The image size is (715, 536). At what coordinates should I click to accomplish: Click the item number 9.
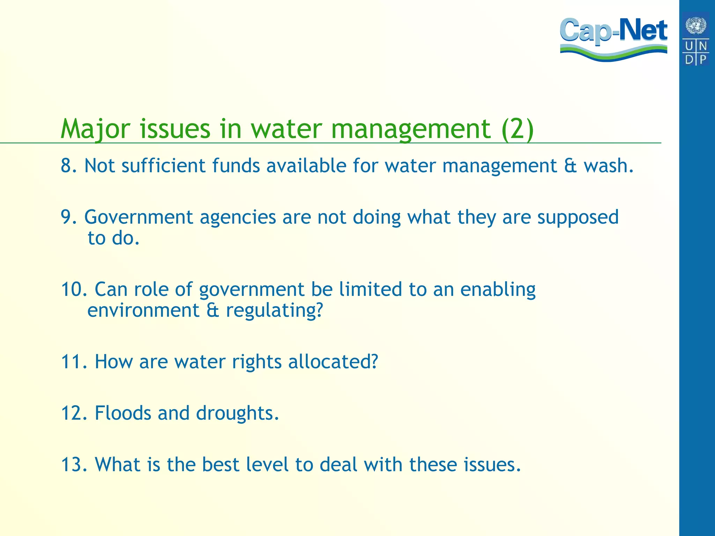(68, 217)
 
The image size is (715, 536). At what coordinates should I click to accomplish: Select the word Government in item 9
(139, 218)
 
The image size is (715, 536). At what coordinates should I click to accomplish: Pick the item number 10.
(74, 289)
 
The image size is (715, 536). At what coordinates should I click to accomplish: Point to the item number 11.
(74, 362)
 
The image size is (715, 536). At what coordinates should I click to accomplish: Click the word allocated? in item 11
(333, 362)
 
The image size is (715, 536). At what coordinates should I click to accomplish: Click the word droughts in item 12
(237, 414)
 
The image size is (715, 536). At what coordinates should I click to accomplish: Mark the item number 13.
(74, 464)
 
